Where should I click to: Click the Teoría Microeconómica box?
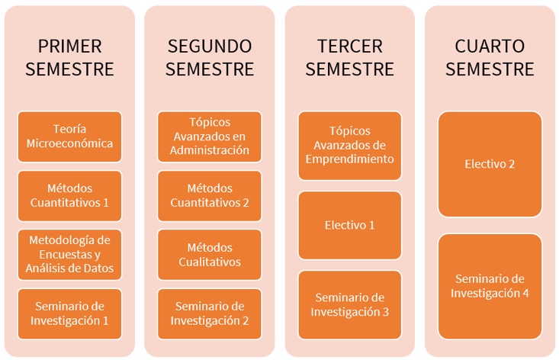point(69,137)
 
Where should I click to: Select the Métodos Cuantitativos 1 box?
point(69,196)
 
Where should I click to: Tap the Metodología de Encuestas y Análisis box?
point(69,255)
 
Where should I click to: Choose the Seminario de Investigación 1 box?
point(69,313)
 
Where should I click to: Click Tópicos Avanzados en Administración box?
point(210,137)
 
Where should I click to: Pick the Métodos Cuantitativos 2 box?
point(210,196)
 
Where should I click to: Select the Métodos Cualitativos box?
point(210,255)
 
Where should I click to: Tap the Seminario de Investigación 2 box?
point(210,313)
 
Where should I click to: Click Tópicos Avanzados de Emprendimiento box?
point(350,146)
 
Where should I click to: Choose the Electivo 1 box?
point(350,225)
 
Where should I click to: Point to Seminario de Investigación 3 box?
point(350,304)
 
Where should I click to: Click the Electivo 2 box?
point(490,164)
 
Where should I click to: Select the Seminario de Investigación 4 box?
point(490,286)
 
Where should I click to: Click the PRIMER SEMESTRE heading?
point(69,58)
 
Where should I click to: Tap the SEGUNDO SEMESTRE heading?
point(210,58)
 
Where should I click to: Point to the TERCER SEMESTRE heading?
point(350,58)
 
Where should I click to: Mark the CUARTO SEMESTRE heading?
point(490,58)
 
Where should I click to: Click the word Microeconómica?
point(69,143)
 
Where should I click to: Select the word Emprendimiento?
point(350,159)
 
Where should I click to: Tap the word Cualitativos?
point(210,262)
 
